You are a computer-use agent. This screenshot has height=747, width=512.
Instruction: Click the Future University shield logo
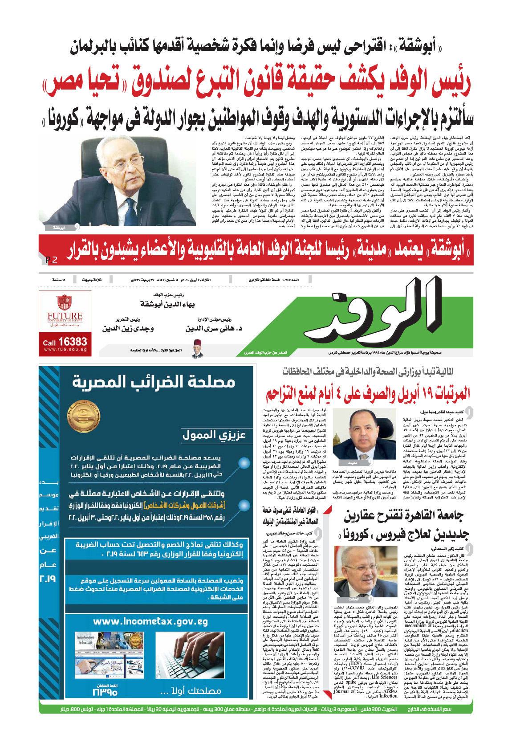[65, 302]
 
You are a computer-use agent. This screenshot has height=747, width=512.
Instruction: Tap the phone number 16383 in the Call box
[72, 342]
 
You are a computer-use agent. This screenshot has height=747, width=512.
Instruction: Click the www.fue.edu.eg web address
[65, 350]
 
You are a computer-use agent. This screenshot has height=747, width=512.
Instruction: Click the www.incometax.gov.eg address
[150, 621]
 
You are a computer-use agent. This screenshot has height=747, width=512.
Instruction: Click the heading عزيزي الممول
[214, 435]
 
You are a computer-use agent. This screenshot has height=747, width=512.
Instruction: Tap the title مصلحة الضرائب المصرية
[154, 382]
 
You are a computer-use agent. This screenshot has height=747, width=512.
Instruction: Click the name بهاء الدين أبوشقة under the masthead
[167, 304]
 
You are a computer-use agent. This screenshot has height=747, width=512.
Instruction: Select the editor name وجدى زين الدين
[128, 328]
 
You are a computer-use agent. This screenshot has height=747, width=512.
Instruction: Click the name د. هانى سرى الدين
[214, 328]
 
